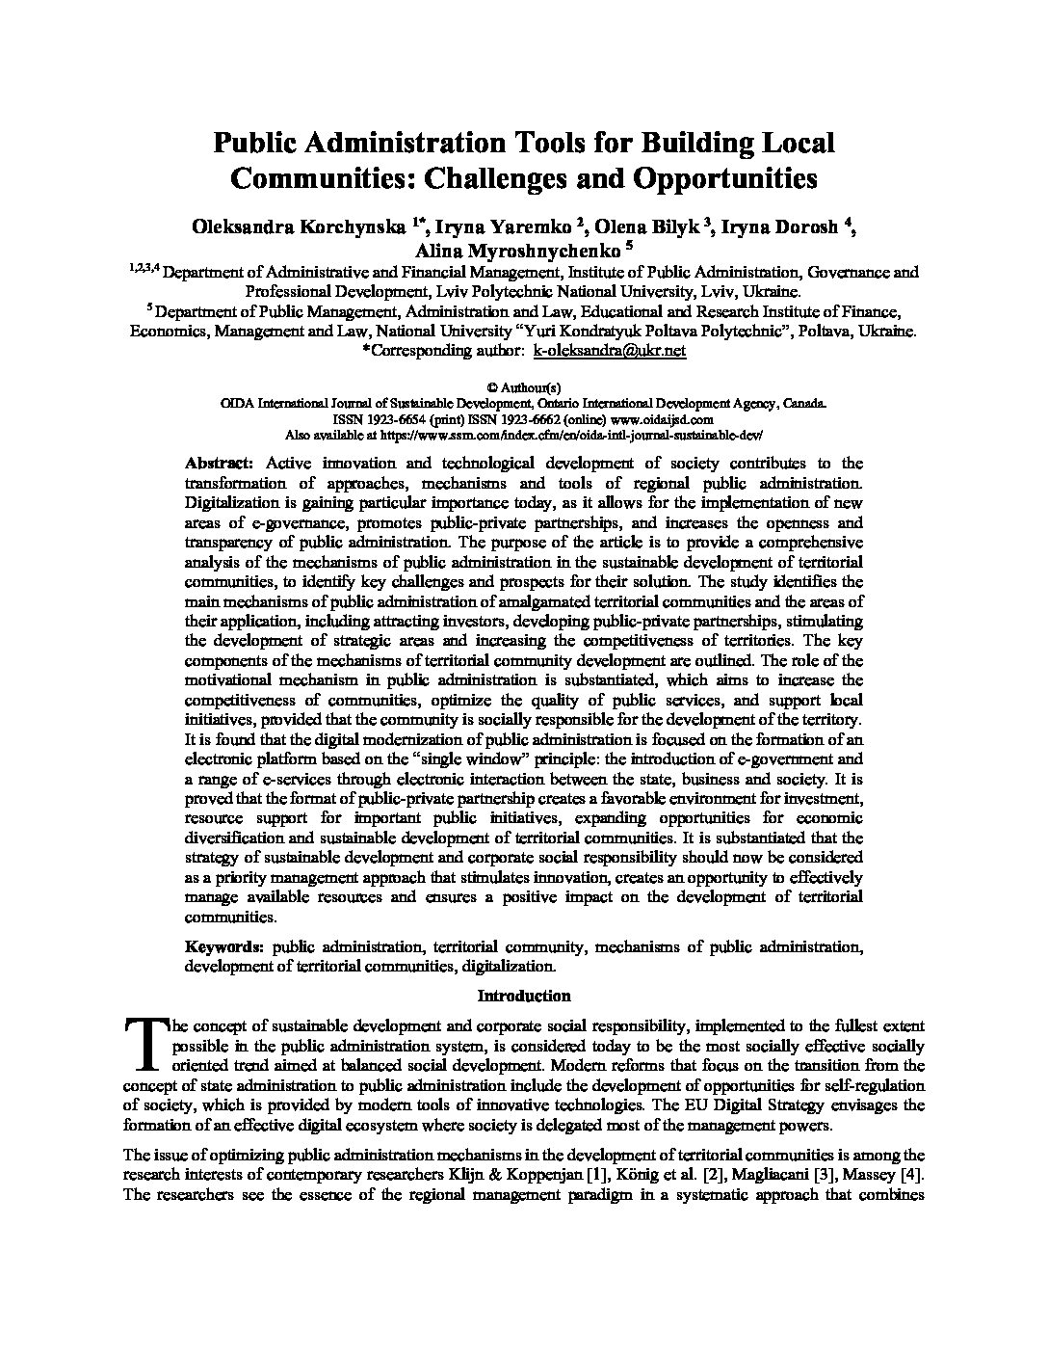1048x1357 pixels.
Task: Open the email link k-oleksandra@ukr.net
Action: (609, 351)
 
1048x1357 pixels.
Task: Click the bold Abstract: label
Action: (221, 463)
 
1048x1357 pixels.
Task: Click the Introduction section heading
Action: (524, 996)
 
